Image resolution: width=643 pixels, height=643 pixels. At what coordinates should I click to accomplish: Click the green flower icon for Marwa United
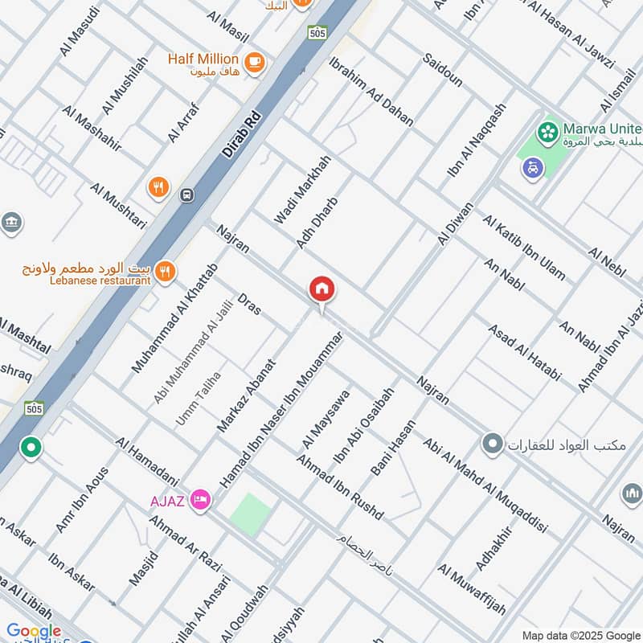(x=549, y=130)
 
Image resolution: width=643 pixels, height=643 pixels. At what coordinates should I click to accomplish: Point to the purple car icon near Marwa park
(x=532, y=168)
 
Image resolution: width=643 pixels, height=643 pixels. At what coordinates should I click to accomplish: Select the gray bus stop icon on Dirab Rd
(x=186, y=195)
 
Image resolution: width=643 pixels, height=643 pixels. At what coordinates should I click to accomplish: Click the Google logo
(x=34, y=631)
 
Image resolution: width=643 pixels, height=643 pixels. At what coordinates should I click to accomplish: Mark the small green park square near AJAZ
(x=250, y=514)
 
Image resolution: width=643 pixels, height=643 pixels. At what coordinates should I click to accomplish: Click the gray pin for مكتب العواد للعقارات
(x=492, y=443)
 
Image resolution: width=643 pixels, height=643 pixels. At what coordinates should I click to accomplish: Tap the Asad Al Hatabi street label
(x=523, y=351)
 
